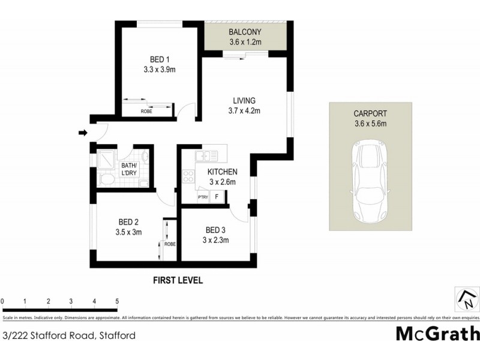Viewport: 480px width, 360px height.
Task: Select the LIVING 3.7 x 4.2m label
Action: tap(244, 105)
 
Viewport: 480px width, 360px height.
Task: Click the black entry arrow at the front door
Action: tap(83, 133)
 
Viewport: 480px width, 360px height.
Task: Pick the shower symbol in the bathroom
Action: tap(106, 158)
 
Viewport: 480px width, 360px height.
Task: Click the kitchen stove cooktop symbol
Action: tap(188, 176)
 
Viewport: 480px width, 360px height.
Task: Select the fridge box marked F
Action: tap(216, 196)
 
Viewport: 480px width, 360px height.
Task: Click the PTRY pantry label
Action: tap(202, 197)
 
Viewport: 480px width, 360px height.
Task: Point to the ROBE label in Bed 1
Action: tap(146, 111)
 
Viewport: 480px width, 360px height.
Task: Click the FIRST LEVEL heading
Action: tap(178, 280)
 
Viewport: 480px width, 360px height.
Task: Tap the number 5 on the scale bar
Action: tap(117, 301)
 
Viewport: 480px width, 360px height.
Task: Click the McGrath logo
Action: tap(437, 334)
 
